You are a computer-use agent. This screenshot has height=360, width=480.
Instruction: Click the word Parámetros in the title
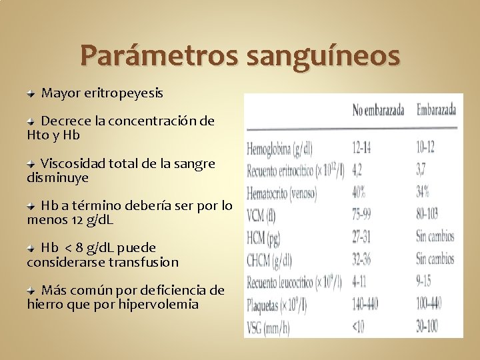159,56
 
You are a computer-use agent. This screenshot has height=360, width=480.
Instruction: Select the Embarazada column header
436,109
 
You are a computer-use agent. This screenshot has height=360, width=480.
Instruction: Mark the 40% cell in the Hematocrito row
359,192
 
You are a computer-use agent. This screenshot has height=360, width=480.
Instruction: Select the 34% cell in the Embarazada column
423,192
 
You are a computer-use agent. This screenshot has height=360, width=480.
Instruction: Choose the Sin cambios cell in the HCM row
435,237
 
